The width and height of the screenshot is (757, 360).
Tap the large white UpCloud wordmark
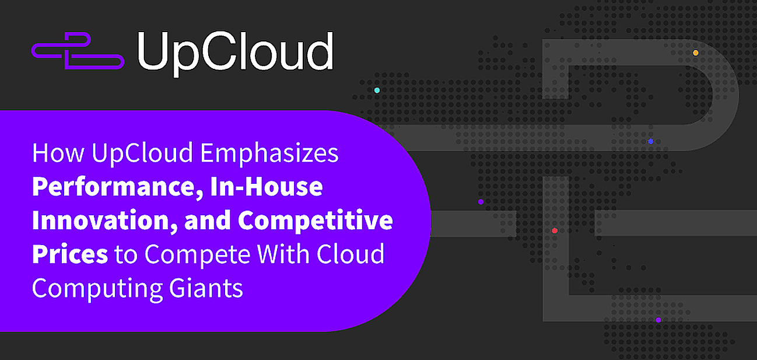click(x=235, y=51)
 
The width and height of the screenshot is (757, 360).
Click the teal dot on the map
click(x=377, y=90)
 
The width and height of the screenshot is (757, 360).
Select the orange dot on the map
click(x=695, y=53)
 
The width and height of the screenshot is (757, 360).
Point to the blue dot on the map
click(x=650, y=141)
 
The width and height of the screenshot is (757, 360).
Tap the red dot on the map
click(x=555, y=230)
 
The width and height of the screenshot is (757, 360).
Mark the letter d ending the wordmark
click(x=319, y=51)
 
